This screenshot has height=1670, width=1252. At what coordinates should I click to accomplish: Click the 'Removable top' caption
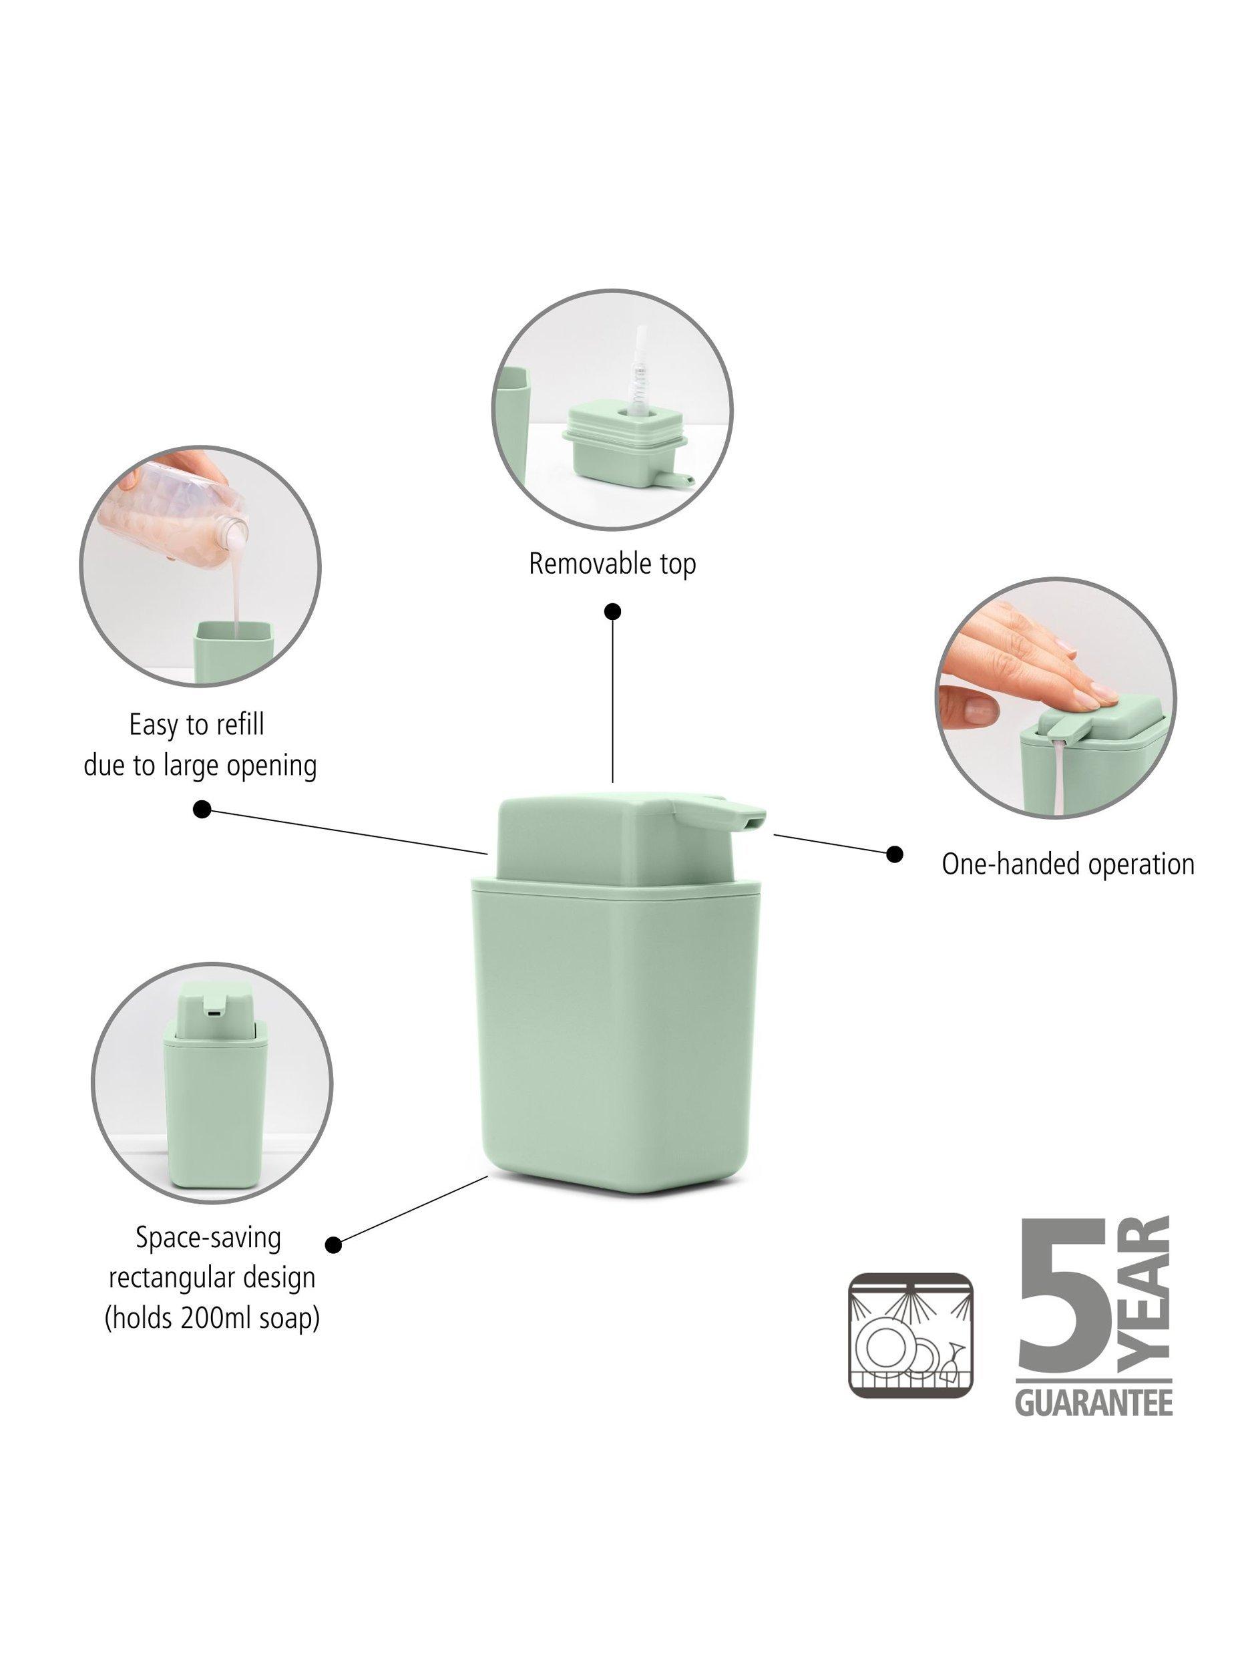click(612, 564)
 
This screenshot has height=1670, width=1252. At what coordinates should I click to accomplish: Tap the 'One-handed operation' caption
click(1068, 864)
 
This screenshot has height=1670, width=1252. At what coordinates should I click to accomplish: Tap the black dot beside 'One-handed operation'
click(894, 854)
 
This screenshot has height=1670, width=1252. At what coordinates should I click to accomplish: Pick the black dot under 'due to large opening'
click(202, 810)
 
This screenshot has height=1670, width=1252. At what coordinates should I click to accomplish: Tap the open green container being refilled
click(234, 651)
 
